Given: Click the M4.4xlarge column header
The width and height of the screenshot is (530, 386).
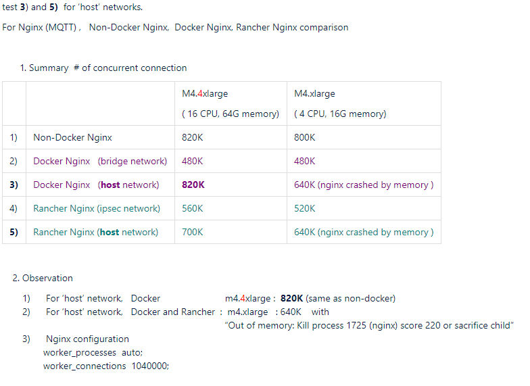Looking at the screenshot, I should (x=205, y=93).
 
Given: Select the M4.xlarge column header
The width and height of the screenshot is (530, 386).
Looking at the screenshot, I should (x=314, y=93).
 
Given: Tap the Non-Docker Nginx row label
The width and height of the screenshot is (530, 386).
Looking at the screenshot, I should (x=72, y=137).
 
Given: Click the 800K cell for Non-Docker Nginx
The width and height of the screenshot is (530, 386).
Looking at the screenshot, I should (x=305, y=137).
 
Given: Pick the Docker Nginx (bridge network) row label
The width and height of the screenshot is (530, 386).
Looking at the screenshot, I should (x=99, y=161).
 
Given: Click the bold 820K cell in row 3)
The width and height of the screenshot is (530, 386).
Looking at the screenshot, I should (x=193, y=185).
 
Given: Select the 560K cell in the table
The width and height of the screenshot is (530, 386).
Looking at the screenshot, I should (x=192, y=208).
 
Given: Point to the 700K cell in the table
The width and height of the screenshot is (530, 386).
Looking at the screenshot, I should (x=192, y=232).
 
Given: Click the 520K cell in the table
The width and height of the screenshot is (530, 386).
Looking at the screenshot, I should (x=304, y=208).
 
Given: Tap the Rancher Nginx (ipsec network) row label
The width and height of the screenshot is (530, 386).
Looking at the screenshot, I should (x=97, y=208).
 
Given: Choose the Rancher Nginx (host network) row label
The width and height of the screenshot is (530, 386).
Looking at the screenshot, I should (x=95, y=232).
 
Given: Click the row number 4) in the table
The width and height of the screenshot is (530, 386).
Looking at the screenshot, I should (x=14, y=208).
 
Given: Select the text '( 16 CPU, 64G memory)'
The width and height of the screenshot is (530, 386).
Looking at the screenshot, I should (x=230, y=114).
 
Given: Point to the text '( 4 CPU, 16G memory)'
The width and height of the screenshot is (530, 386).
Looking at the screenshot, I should (x=340, y=114).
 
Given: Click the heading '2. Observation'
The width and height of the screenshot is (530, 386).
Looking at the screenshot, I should (x=43, y=278).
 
